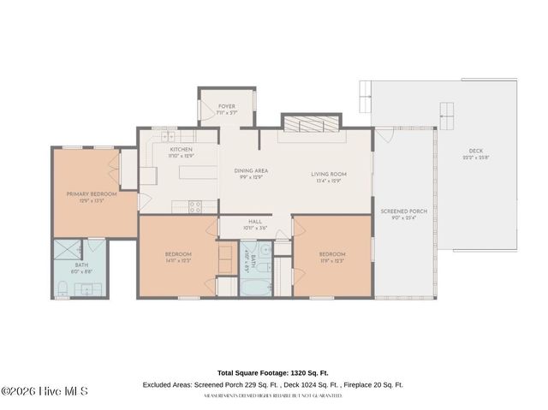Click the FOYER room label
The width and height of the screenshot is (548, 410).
[226, 106]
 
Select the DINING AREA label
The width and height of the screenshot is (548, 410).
[251, 170]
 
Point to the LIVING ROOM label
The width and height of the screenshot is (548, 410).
[328, 175]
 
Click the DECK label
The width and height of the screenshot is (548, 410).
[475, 151]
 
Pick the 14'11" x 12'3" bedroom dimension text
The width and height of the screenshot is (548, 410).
[178, 260]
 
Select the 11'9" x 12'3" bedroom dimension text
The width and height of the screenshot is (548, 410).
[331, 260]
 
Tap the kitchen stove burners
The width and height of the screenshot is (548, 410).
[195, 205]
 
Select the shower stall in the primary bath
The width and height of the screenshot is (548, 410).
[68, 251]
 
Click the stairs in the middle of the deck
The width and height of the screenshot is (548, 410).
[447, 111]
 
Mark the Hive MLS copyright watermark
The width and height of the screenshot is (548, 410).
[45, 391]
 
